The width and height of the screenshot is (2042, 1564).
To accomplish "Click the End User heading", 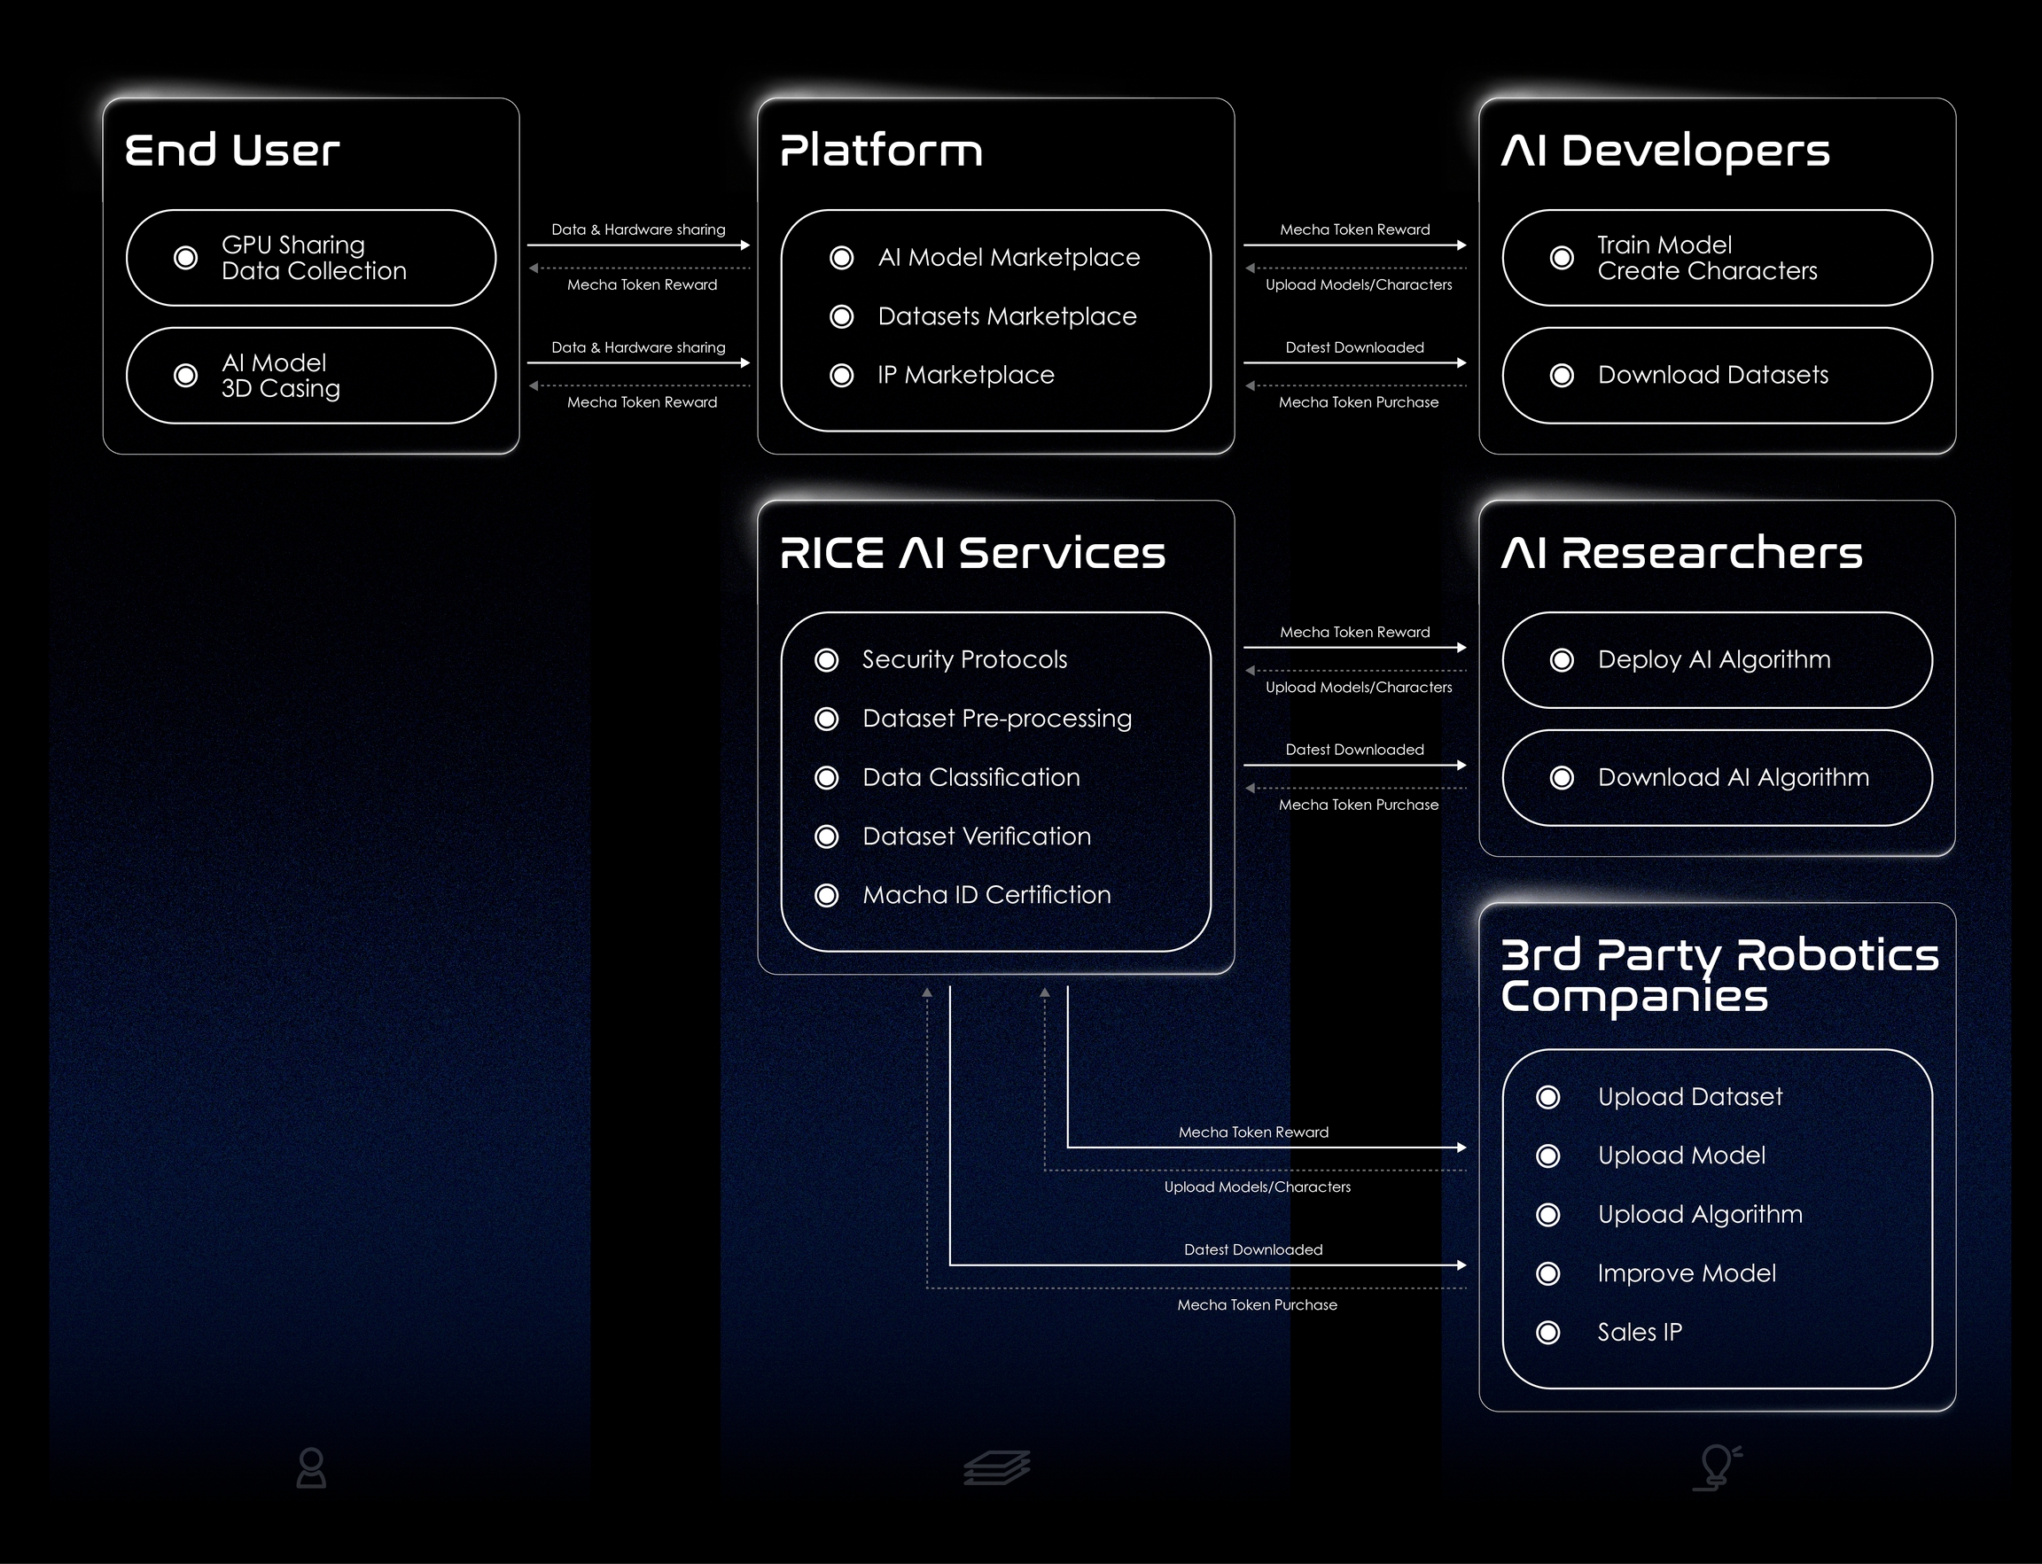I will (x=232, y=151).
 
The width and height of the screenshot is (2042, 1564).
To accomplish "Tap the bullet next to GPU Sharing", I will (x=186, y=258).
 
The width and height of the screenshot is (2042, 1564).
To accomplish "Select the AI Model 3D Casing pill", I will (x=310, y=375).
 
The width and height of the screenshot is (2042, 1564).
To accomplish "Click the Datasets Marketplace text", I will (x=1007, y=316).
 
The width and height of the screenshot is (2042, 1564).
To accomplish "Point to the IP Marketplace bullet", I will (x=842, y=375).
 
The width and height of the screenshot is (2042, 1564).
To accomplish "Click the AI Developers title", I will (x=1665, y=151).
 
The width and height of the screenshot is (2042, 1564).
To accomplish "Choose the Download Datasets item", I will (x=1712, y=375).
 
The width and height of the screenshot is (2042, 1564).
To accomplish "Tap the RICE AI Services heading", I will (x=972, y=553).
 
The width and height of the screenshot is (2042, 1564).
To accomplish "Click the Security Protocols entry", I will (x=963, y=660).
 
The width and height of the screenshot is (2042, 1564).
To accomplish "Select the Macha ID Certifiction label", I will (x=986, y=896).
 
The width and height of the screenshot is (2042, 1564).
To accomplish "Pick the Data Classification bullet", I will (x=827, y=778).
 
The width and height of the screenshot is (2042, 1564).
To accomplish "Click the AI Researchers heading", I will (x=1681, y=553).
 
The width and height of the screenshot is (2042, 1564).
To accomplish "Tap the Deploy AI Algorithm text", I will (x=1713, y=660).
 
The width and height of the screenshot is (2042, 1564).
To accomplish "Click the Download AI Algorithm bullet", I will (x=1563, y=778).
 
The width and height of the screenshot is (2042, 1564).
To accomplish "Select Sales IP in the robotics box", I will (x=1639, y=1332).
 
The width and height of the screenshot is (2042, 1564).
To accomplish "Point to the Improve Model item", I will (x=1687, y=1273).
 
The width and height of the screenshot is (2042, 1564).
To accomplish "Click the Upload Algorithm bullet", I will (x=1548, y=1215).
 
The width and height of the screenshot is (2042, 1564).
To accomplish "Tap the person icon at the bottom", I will (x=311, y=1468).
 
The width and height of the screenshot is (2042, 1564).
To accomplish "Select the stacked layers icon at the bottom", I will (x=996, y=1468).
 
